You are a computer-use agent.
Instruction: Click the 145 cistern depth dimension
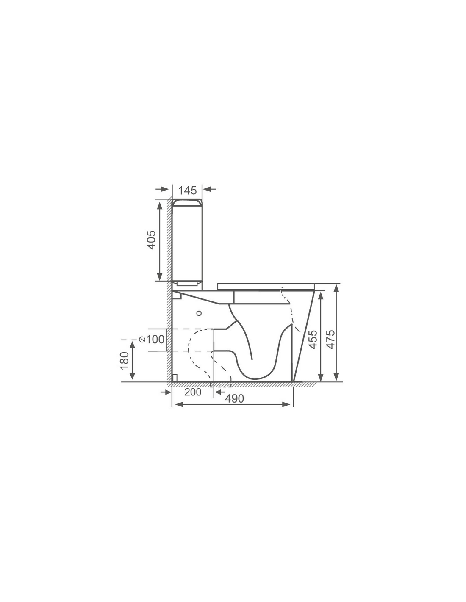coord(187,191)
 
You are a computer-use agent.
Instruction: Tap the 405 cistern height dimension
coord(152,240)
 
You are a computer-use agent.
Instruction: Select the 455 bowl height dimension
coord(313,340)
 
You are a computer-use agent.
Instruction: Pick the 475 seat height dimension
coord(330,340)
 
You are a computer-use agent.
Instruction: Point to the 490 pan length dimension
coord(234,398)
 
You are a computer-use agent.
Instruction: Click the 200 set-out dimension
coord(193,392)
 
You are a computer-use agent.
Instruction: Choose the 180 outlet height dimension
coord(125,360)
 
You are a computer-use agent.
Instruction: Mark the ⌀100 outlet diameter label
coord(152,339)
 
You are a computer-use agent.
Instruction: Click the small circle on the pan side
coord(199,313)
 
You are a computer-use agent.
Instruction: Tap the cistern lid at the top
coord(187,202)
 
